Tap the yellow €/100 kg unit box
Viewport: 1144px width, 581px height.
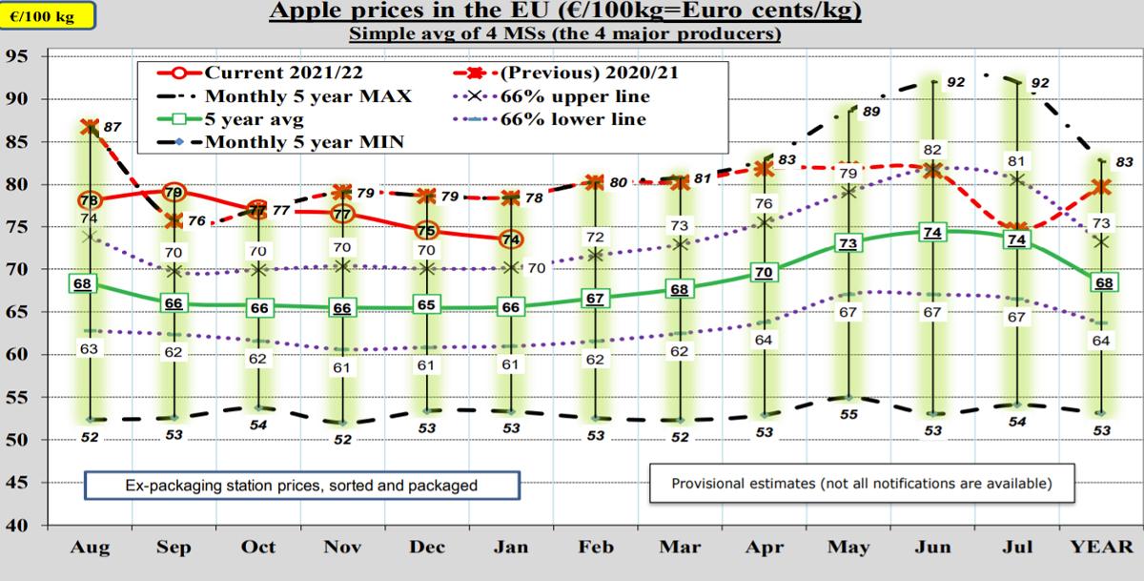pyautogui.click(x=48, y=15)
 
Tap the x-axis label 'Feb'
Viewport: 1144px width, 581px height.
pyautogui.click(x=597, y=548)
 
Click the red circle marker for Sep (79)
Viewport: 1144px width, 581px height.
pyautogui.click(x=174, y=193)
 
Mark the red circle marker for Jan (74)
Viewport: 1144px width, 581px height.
pyautogui.click(x=511, y=239)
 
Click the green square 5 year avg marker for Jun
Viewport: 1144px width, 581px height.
pyautogui.click(x=933, y=233)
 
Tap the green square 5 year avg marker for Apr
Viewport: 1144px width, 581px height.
pyautogui.click(x=764, y=273)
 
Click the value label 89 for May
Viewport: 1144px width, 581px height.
pyautogui.click(x=869, y=112)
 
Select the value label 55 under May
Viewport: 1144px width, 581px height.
pyautogui.click(x=848, y=415)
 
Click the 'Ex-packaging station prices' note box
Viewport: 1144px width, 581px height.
pyautogui.click(x=301, y=485)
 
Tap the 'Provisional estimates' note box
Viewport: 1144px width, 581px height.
pyautogui.click(x=862, y=483)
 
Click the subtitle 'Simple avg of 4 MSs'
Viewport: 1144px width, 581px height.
pyautogui.click(x=565, y=34)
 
